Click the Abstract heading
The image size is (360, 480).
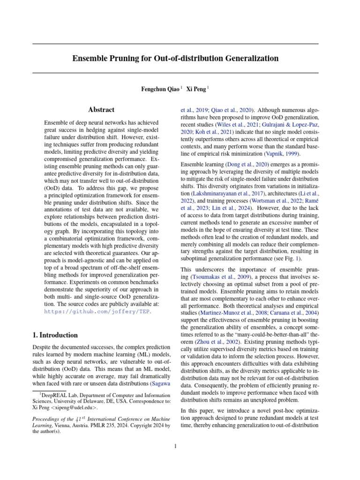pyautogui.click(x=101, y=110)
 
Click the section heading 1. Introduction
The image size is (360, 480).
pyautogui.click(x=55, y=335)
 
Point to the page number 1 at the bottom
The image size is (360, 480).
pyautogui.click(x=175, y=446)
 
